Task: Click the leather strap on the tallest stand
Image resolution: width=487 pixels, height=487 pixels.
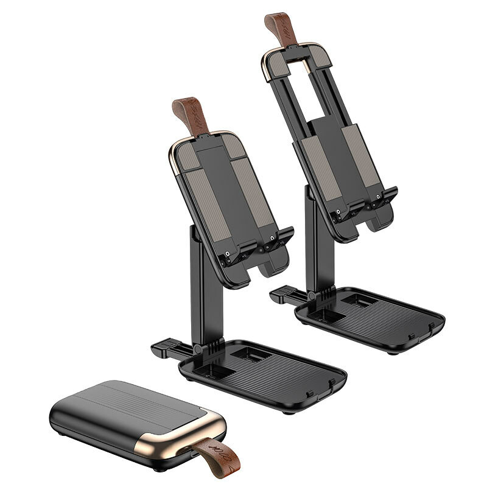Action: (x=281, y=27)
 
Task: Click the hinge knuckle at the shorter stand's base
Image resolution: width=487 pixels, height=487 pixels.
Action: (x=198, y=348)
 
